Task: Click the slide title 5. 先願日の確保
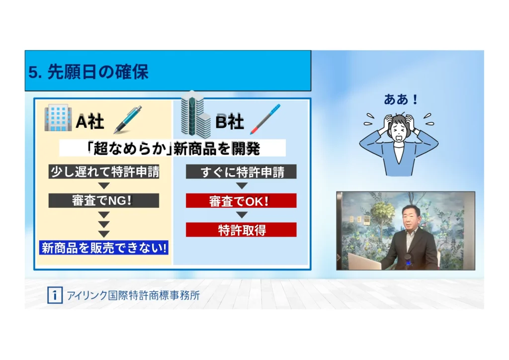[x=88, y=72]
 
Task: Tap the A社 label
[x=90, y=122]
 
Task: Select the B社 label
[x=230, y=122]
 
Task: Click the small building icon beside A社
[x=58, y=117]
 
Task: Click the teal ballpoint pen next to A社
[x=128, y=119]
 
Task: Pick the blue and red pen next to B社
[x=265, y=119]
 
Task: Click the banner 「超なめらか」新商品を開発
[x=172, y=148]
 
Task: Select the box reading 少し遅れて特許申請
[x=104, y=172]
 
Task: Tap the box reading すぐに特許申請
[x=241, y=172]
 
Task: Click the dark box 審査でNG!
[x=104, y=200]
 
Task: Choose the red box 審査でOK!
[x=241, y=200]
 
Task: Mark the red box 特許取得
[x=241, y=230]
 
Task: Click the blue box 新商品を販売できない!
[x=104, y=248]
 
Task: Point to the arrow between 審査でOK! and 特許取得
[x=242, y=215]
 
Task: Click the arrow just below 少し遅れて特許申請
[x=104, y=186]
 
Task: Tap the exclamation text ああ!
[x=401, y=99]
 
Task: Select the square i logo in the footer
[x=55, y=295]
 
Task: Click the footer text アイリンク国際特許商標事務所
[x=133, y=295]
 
